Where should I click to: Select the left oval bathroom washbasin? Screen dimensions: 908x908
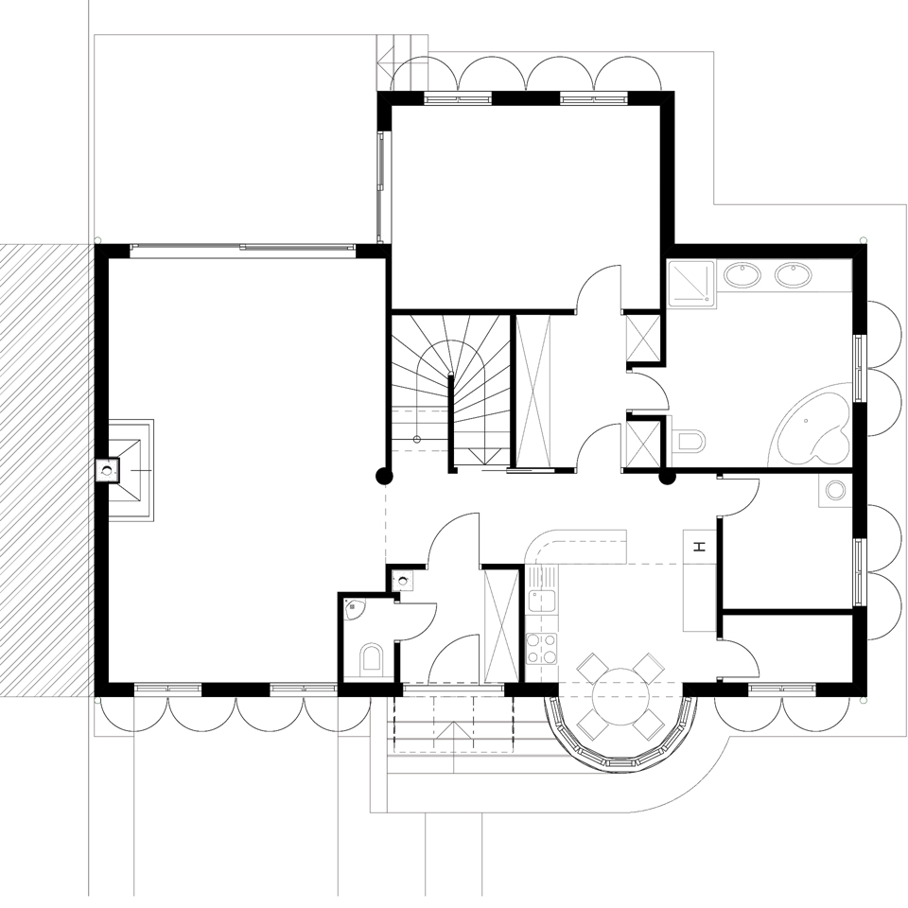coord(742,274)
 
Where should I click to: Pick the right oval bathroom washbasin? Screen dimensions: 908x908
coord(793,274)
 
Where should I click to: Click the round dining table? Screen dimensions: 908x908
coord(620,695)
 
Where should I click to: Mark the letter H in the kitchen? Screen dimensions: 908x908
coord(700,547)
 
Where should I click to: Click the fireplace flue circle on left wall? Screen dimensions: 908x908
coord(107,470)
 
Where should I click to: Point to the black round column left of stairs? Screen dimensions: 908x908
coord(385,476)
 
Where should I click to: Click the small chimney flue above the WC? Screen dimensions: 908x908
coord(402,579)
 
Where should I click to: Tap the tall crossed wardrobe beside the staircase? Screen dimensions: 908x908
coord(533,390)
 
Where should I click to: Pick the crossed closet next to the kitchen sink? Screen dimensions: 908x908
coord(500,626)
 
